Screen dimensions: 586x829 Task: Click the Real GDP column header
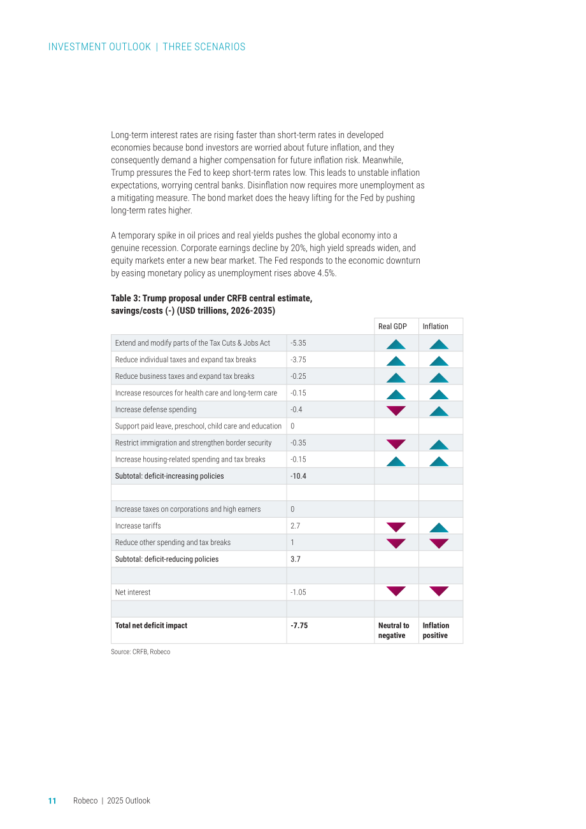click(392, 327)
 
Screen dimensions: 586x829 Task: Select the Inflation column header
click(435, 327)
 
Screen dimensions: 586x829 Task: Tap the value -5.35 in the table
click(298, 343)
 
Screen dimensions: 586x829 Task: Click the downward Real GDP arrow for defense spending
click(396, 411)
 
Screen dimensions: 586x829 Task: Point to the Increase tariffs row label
click(138, 526)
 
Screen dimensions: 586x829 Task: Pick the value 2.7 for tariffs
click(295, 526)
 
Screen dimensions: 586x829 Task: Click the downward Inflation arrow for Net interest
click(439, 591)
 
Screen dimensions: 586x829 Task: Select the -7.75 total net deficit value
click(299, 625)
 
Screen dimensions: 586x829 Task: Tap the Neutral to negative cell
click(394, 630)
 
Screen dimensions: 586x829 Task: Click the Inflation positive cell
click(436, 630)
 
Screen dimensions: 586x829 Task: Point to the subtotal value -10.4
click(298, 476)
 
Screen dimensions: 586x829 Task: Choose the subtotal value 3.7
click(296, 559)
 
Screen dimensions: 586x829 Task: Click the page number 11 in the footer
click(52, 801)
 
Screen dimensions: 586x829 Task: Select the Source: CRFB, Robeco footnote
click(140, 652)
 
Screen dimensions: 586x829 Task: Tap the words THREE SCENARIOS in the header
click(204, 46)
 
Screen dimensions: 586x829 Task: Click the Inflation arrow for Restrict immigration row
click(439, 444)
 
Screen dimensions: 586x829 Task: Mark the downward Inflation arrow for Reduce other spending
click(439, 544)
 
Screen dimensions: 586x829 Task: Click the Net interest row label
click(132, 592)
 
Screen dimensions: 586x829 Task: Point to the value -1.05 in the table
click(298, 592)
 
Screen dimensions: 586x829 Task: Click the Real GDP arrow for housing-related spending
click(396, 461)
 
